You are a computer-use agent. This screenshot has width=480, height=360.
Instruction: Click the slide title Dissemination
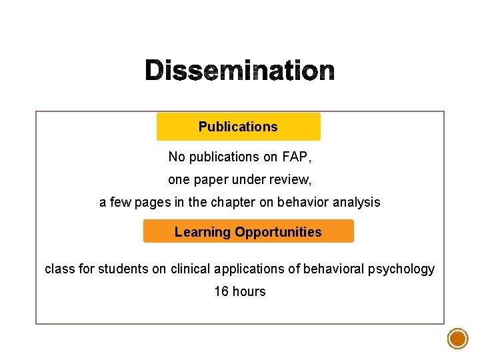(x=239, y=70)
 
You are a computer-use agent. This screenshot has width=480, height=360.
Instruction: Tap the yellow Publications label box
(x=238, y=127)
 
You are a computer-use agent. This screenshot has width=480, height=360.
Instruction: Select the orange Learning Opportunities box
(x=248, y=231)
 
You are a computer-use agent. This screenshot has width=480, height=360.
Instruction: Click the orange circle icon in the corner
(x=458, y=339)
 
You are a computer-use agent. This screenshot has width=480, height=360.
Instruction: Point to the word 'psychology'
(x=403, y=269)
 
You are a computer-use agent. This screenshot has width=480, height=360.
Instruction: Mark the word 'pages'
(x=158, y=202)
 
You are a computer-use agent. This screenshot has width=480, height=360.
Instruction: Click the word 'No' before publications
(x=176, y=157)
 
